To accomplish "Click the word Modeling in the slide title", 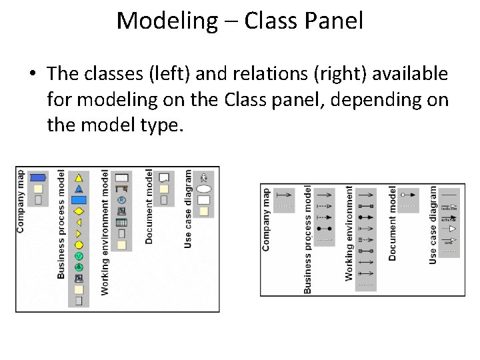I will coord(167,21).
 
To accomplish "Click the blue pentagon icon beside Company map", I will coord(39,177).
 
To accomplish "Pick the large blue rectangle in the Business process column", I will coord(79,199).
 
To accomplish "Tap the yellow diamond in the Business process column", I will coord(79,211).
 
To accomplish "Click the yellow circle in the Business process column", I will coord(79,245).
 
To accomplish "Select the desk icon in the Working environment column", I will coord(121,189).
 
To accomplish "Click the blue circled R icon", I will coord(121,200).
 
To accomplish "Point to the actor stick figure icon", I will coord(204,177).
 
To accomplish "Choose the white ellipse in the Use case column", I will coord(204,189).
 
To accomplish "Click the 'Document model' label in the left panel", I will coord(149,207).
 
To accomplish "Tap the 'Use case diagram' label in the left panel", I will coord(188,209).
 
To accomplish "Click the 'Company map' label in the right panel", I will coord(266,219).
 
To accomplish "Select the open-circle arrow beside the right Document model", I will coord(407,195).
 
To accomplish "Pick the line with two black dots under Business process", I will coord(324,227).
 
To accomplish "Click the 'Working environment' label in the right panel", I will coord(349,233).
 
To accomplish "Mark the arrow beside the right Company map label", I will coord(285,194).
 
